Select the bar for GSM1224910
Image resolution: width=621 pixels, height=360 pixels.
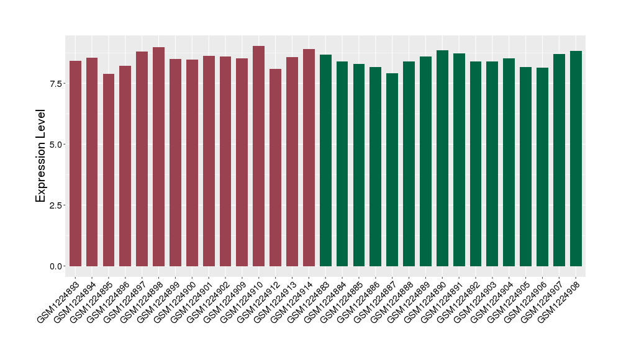(x=259, y=156)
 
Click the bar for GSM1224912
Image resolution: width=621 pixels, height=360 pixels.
(x=276, y=167)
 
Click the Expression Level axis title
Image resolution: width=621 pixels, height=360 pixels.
(x=41, y=156)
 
